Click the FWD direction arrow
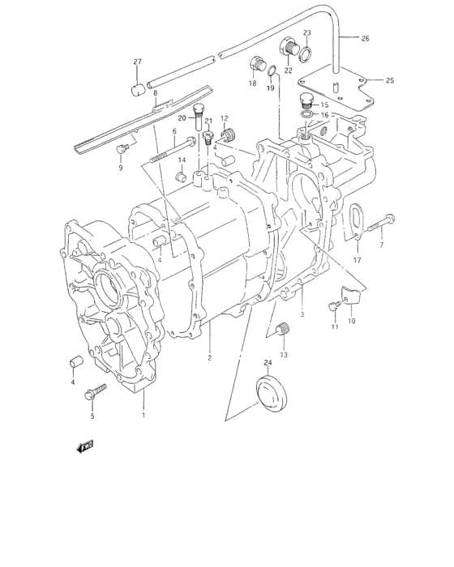click(85, 446)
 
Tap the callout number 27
click(137, 62)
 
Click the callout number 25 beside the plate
click(389, 80)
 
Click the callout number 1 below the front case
click(143, 416)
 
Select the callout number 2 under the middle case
click(209, 357)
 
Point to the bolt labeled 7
click(384, 220)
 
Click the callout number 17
click(357, 260)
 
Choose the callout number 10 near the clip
click(352, 321)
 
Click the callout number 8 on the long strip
click(154, 93)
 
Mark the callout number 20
click(182, 118)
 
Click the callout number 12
click(224, 118)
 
